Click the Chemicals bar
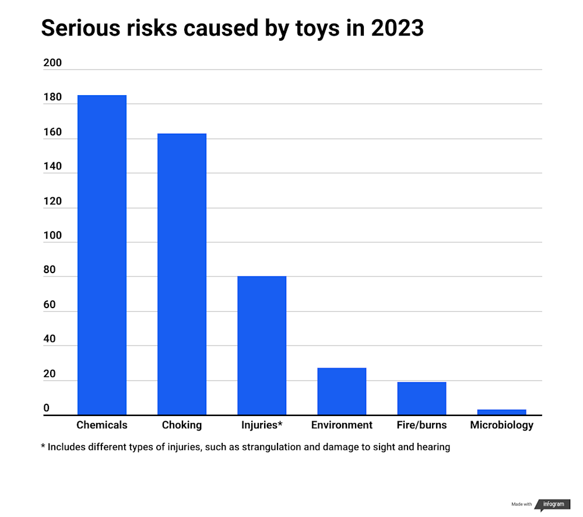tap(102, 255)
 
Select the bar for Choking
tap(182, 274)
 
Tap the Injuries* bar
tap(262, 345)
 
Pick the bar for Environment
tap(342, 391)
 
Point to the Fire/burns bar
tap(422, 399)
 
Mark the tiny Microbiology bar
tap(501, 412)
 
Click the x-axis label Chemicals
tap(102, 425)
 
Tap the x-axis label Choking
tap(182, 425)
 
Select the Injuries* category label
tap(262, 425)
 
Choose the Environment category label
tap(342, 425)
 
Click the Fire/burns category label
tap(422, 425)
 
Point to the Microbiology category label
tap(501, 425)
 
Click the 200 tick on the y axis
tap(52, 63)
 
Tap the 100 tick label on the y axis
tap(52, 236)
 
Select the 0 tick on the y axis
tap(47, 408)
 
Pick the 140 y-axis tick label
tap(52, 167)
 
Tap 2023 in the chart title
tap(395, 28)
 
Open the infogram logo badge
tap(553, 504)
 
